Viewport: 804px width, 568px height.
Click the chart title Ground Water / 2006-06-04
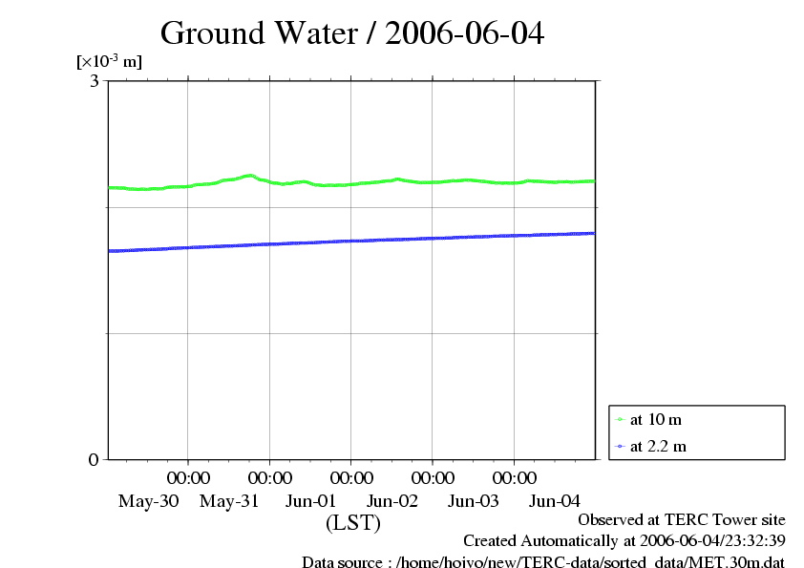point(352,33)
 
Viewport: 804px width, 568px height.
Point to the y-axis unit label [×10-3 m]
point(109,62)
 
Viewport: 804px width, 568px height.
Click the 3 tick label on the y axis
point(95,81)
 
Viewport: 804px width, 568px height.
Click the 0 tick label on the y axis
point(94,459)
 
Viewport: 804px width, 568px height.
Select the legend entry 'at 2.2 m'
point(658,446)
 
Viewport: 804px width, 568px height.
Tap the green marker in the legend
point(620,419)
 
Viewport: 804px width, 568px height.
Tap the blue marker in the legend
point(620,446)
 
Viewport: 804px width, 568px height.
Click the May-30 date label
point(148,501)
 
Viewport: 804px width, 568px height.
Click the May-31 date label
point(230,501)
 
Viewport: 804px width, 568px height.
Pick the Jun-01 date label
point(311,501)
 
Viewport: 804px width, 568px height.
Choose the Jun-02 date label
point(392,501)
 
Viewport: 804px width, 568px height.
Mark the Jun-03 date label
point(474,501)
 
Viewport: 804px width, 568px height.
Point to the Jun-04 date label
point(555,501)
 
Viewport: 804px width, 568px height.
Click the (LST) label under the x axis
point(353,523)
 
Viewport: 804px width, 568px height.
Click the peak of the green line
point(249,175)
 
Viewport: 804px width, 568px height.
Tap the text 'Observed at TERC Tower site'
point(682,520)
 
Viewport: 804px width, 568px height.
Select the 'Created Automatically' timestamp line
point(624,541)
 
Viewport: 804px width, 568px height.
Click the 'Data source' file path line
point(542,562)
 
